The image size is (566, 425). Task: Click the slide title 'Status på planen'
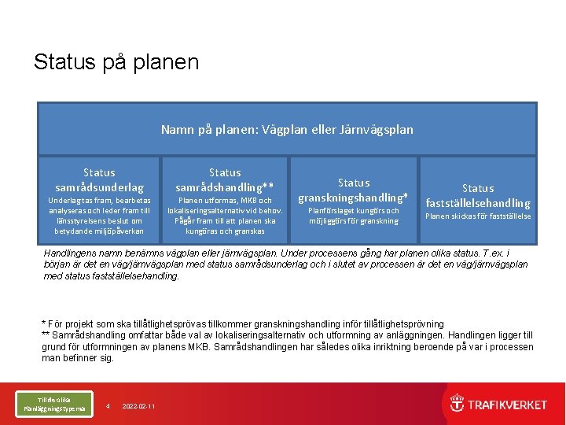[116, 62]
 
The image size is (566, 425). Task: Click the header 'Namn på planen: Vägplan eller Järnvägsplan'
[287, 129]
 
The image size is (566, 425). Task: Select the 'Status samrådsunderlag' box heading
[99, 180]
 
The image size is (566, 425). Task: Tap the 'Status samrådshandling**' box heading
[225, 180]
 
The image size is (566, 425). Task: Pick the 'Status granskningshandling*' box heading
[353, 190]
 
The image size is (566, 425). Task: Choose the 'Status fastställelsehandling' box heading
[478, 196]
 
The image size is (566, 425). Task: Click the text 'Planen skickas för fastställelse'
[478, 216]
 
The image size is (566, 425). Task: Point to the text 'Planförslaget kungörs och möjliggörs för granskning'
[353, 216]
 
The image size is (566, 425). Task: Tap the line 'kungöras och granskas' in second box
[225, 231]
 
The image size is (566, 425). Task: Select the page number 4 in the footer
[108, 406]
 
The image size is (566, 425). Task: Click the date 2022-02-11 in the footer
[138, 406]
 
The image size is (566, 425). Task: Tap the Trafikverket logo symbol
[457, 404]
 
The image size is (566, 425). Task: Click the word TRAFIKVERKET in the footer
[507, 405]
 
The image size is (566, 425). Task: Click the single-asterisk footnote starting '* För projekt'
[242, 324]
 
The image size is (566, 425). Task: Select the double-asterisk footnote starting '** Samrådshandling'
[287, 335]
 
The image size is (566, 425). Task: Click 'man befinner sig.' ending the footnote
[78, 358]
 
